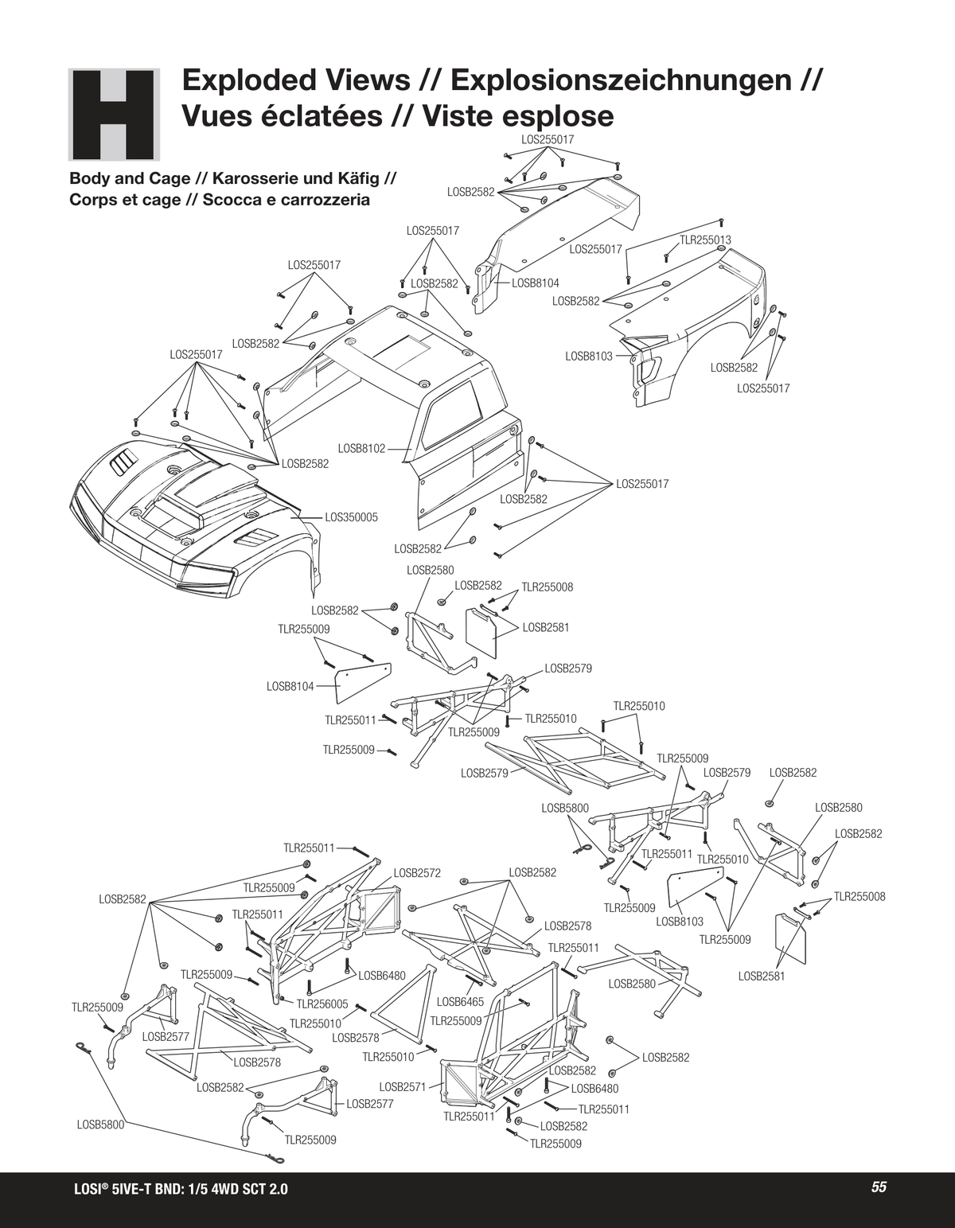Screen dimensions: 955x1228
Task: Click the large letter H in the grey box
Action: [114, 115]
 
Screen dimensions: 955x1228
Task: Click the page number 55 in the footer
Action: [879, 1187]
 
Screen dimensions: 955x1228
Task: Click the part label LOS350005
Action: [352, 517]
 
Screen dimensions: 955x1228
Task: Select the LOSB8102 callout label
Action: [361, 449]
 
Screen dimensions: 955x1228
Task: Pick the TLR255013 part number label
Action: [705, 240]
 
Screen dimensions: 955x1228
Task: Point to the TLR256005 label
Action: [322, 1004]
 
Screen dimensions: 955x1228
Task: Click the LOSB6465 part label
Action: [461, 1002]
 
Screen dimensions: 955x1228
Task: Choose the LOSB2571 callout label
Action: [403, 1086]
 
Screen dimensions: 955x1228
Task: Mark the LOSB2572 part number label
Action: [417, 873]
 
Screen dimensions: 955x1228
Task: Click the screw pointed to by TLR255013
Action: [665, 256]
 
